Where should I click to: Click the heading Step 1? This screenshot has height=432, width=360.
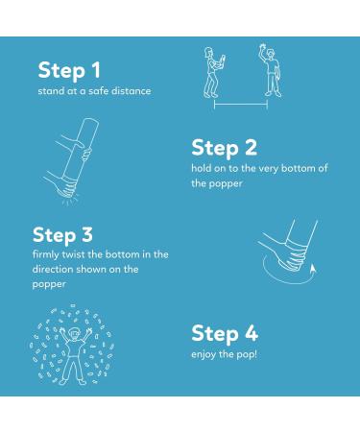point(69,71)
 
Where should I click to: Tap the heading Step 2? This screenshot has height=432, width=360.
point(224,148)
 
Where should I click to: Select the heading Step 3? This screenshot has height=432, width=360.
point(62,235)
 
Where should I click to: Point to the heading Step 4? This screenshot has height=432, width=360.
point(225,334)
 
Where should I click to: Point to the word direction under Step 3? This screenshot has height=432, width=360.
point(53,269)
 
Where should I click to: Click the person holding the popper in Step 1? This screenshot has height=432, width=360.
point(213,72)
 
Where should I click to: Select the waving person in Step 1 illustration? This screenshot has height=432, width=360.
point(271,70)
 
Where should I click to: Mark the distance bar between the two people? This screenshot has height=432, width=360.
point(241,105)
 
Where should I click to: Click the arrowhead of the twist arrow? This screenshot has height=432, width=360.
point(313,268)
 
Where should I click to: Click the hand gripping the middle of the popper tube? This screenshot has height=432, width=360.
point(77,148)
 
